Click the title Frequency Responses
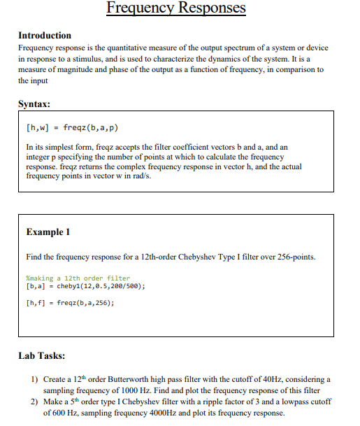click(x=176, y=8)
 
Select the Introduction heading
click(x=45, y=35)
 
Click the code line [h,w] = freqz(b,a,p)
click(x=71, y=128)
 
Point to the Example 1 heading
click(x=48, y=232)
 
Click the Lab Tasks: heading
click(x=42, y=355)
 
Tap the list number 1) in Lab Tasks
click(x=34, y=379)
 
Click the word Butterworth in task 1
click(x=134, y=379)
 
